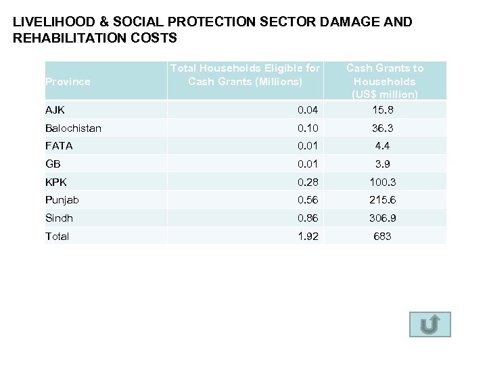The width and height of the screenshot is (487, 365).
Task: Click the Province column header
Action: (x=67, y=82)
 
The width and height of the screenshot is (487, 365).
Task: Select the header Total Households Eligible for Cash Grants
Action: (x=246, y=75)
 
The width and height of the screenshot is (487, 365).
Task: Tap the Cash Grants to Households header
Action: (x=385, y=80)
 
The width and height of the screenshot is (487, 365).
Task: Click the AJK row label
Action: (x=55, y=109)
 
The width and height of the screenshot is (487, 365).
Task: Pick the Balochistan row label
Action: (x=73, y=128)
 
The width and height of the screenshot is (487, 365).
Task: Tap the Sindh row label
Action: (x=59, y=218)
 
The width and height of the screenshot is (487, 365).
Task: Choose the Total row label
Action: (x=57, y=237)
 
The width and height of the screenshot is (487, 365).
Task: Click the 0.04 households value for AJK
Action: (x=308, y=109)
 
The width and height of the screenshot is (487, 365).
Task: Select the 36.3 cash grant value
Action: (x=385, y=128)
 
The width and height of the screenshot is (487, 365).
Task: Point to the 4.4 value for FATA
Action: (x=385, y=145)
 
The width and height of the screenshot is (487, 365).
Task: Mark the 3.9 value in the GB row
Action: (x=385, y=164)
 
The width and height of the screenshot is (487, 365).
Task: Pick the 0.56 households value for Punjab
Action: (x=308, y=200)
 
